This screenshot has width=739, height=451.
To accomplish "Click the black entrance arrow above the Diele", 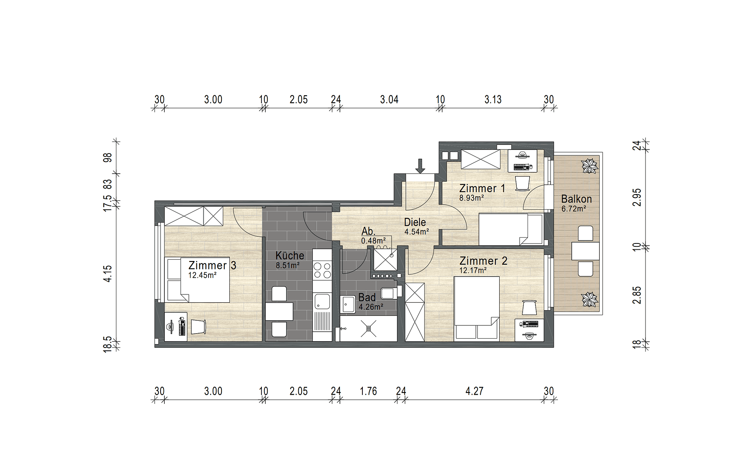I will (420, 166).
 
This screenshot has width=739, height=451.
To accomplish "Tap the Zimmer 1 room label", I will (482, 188).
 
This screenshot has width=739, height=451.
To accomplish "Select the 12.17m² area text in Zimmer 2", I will (473, 271).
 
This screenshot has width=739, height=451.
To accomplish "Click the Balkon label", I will (576, 199).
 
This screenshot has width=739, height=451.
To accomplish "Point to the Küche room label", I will (290, 255).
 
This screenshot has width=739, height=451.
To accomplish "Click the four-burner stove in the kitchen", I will (322, 270).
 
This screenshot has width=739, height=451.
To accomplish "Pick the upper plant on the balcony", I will (590, 166).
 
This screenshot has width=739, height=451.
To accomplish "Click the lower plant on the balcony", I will (590, 299).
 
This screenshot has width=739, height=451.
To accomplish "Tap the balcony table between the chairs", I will (586, 251).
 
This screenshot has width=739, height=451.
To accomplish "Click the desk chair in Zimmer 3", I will (199, 326).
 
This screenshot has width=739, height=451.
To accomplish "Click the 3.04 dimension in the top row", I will (389, 99).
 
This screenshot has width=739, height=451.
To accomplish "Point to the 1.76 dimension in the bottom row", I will (368, 391).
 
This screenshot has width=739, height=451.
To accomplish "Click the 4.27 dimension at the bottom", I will (474, 391).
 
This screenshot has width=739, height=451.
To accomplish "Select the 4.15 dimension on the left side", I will (108, 274).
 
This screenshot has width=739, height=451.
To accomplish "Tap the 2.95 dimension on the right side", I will (636, 198).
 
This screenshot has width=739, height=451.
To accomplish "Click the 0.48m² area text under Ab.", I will (373, 241).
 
